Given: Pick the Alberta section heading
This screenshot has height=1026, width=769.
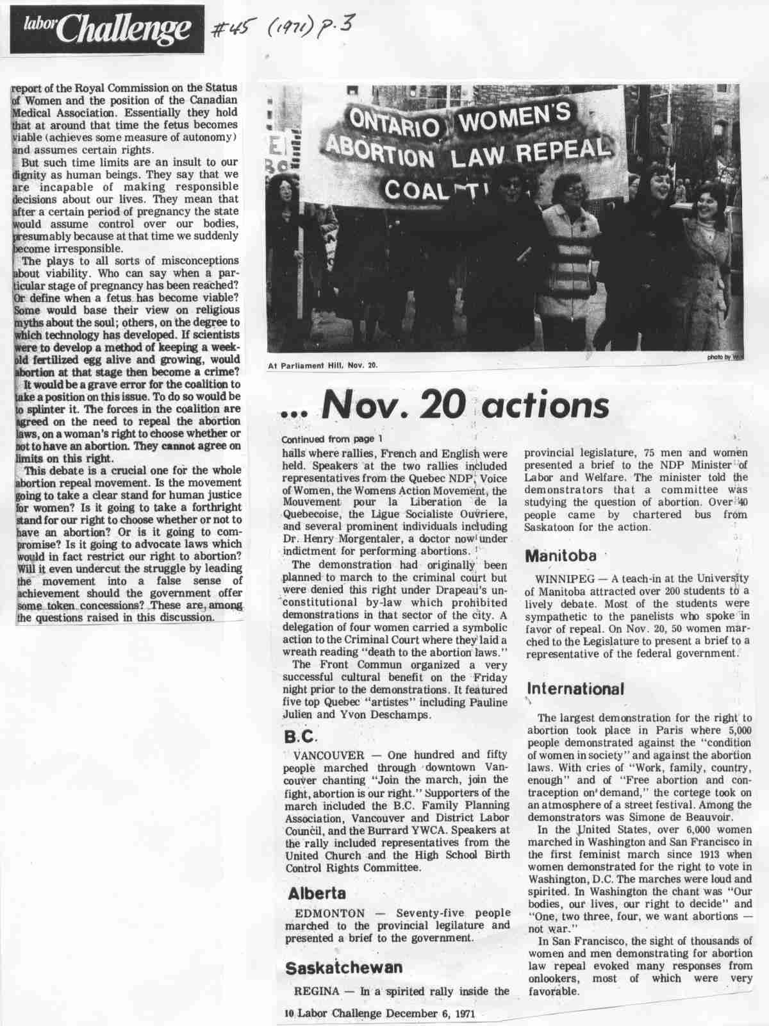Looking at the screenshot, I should click(x=317, y=893).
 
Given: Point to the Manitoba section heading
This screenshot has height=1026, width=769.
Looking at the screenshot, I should click(x=561, y=555).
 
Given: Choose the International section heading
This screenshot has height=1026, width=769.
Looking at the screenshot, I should click(x=575, y=689).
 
